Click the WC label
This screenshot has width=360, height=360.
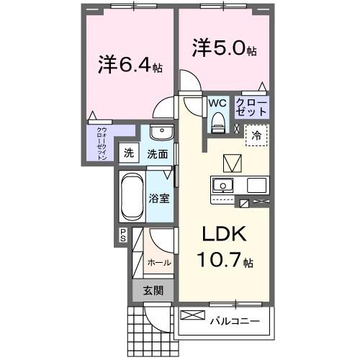coord(217,104)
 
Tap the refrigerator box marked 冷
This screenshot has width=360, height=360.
coord(256,134)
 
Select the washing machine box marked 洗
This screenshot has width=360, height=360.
coord(128,153)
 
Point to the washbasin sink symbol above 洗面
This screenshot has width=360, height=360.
coord(161,135)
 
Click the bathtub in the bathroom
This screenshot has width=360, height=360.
coord(132,197)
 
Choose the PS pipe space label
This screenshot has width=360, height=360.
coord(123,234)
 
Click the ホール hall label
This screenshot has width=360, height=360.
coord(158,263)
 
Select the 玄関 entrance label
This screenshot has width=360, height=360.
coord(152,291)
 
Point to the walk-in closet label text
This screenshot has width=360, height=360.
coord(102,143)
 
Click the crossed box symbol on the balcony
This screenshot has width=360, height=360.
coord(191,315)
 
